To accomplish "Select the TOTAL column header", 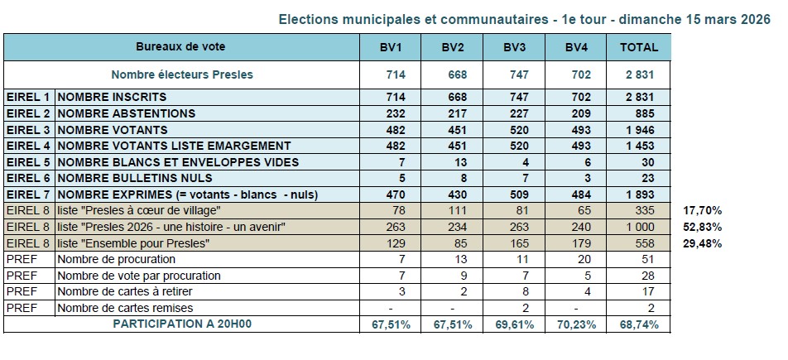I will [639, 47].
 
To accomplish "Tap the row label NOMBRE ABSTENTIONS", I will [126, 113].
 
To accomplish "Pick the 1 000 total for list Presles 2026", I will [639, 227].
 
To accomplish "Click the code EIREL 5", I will [28, 162].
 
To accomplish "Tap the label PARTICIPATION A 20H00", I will [182, 324].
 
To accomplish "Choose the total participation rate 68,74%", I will [639, 324].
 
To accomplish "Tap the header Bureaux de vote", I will [180, 47].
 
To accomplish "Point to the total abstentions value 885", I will [639, 113].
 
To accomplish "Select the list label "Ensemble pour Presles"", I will [132, 243].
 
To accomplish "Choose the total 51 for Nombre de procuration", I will [639, 259].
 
